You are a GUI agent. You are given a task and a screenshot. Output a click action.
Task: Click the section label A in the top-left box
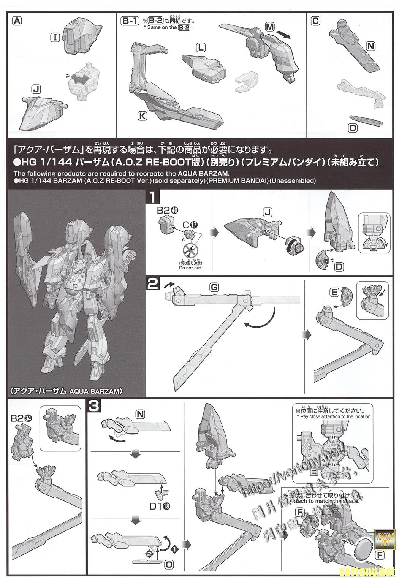point(17,21)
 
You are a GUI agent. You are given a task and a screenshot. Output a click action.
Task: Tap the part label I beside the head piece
point(55,37)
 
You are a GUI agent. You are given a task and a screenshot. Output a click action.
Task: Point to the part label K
point(142,116)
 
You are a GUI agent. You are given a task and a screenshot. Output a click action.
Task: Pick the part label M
point(269,26)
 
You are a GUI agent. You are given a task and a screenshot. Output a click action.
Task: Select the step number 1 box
point(153,198)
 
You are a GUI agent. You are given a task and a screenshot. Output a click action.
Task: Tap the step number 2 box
point(153,284)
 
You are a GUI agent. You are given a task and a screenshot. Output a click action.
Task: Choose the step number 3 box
point(94,406)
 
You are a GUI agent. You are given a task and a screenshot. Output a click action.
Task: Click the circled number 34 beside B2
point(28,418)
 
